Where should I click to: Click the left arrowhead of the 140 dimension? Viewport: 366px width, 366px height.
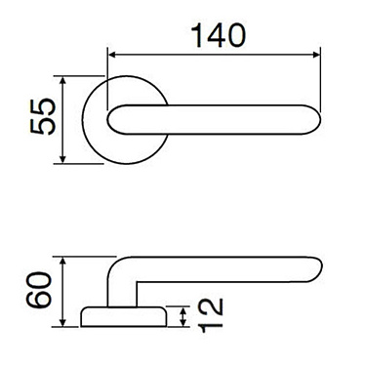point(110,55)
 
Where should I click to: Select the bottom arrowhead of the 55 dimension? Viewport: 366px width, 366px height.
point(63,161)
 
